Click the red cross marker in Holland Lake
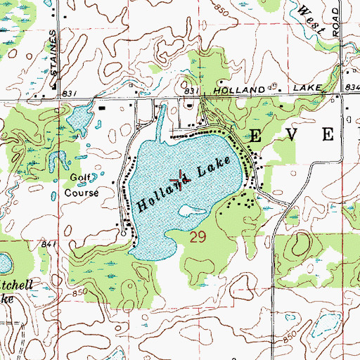pos(180,180)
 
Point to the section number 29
pos(198,239)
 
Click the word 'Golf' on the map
pos(79,179)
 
